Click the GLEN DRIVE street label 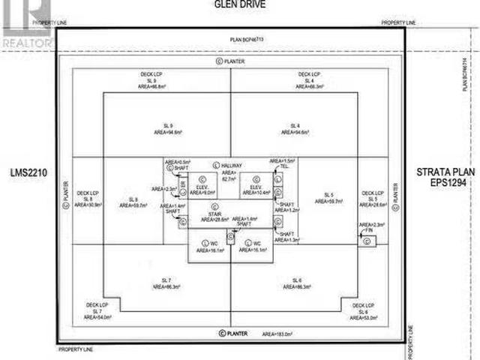click(x=240, y=4)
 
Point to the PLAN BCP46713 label click(x=240, y=39)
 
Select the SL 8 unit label click(x=134, y=199)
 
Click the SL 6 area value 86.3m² click(x=297, y=286)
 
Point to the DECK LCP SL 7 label click(x=98, y=311)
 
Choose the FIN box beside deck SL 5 click(x=367, y=238)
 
